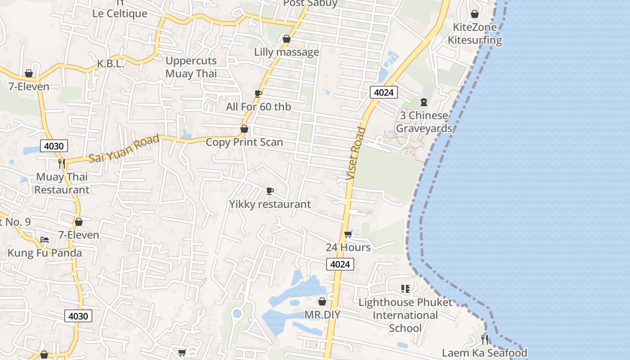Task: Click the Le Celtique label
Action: click(x=120, y=13)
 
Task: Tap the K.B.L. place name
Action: click(x=110, y=64)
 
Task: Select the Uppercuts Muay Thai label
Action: click(x=191, y=67)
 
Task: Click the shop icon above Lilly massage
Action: click(x=286, y=39)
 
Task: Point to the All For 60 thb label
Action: click(x=258, y=107)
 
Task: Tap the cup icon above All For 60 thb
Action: click(x=258, y=94)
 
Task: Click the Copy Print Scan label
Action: click(x=244, y=142)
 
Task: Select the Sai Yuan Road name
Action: click(x=124, y=149)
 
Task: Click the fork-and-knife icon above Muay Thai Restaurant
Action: click(x=62, y=163)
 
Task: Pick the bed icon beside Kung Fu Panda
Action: click(x=44, y=239)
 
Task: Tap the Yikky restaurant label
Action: click(x=270, y=204)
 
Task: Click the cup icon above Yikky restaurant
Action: click(x=270, y=191)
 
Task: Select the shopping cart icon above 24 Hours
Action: click(x=348, y=234)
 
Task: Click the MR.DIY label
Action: click(x=322, y=315)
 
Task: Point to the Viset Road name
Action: click(x=356, y=153)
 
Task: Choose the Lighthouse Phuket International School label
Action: click(x=405, y=315)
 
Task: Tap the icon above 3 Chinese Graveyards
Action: click(x=423, y=102)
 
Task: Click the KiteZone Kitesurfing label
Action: click(x=475, y=34)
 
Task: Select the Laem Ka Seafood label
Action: click(x=484, y=353)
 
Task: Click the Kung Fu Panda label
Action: click(x=45, y=253)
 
